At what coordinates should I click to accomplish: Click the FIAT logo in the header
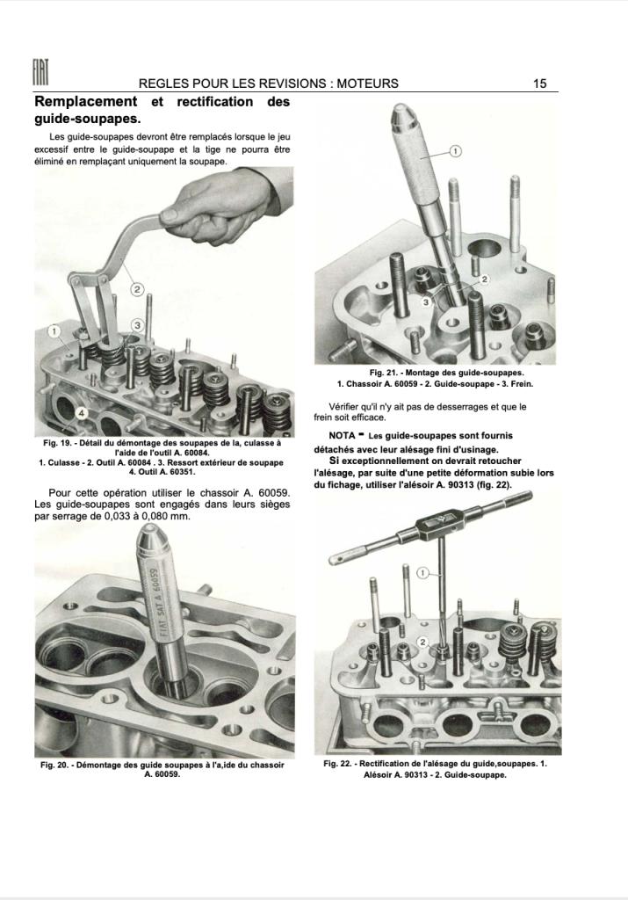(x=40, y=74)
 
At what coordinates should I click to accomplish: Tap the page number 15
(x=539, y=83)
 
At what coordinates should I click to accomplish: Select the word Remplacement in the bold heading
(x=86, y=102)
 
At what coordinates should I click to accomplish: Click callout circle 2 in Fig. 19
(x=137, y=289)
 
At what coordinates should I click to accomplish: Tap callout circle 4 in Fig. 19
(x=82, y=413)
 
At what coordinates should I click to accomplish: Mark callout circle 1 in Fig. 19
(x=54, y=331)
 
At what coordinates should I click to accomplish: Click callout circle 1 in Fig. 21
(x=455, y=151)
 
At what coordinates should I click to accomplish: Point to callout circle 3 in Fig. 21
(x=426, y=302)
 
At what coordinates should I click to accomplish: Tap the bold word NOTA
(x=343, y=436)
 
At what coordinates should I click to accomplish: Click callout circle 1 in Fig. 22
(x=422, y=573)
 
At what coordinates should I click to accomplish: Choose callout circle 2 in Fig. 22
(x=423, y=642)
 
